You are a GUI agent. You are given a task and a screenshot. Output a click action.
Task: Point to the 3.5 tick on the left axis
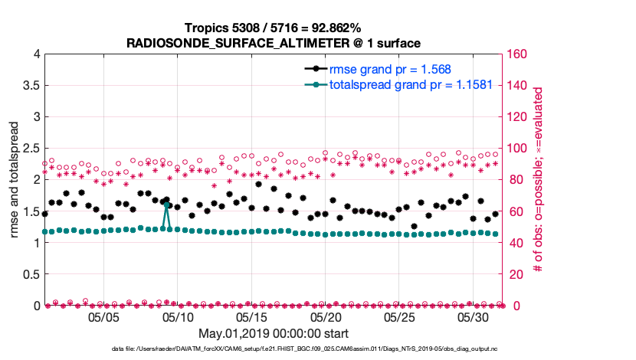pyautogui.click(x=31, y=86)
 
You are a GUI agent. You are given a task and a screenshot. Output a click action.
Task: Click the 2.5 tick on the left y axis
pyautogui.click(x=31, y=149)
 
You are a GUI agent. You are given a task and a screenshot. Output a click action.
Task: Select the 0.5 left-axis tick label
pyautogui.click(x=31, y=274)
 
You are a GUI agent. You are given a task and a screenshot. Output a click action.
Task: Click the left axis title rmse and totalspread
pyautogui.click(x=15, y=181)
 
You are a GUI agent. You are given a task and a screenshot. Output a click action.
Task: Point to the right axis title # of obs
pyautogui.click(x=538, y=180)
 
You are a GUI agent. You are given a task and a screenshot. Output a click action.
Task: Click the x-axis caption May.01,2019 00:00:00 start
pyautogui.click(x=273, y=334)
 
